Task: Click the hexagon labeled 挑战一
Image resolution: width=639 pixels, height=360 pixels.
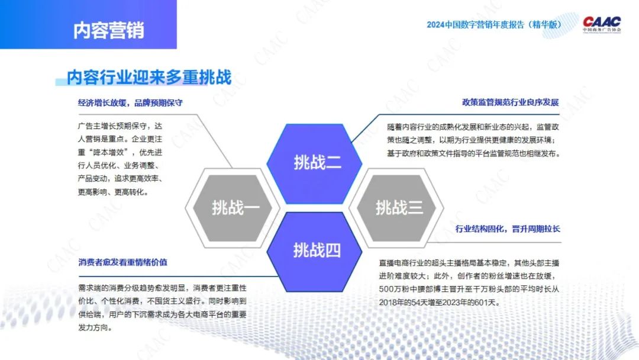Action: [x=233, y=208]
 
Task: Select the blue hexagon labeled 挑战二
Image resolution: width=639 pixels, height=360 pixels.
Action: [x=314, y=163]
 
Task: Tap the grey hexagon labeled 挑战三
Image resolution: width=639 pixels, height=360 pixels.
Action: [x=396, y=208]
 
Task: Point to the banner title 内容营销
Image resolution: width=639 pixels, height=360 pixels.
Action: [x=108, y=31]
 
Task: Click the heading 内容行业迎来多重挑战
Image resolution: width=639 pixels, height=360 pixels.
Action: [x=149, y=78]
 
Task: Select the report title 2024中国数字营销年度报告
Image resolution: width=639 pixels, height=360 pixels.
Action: [x=475, y=25]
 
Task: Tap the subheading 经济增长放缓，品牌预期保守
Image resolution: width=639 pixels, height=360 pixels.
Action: [x=130, y=103]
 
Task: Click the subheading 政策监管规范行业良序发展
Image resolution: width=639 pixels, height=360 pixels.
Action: [x=510, y=102]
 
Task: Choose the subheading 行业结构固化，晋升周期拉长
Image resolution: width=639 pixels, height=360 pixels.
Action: [x=508, y=229]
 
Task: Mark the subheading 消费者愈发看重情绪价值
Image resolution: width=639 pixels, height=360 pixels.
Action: [x=122, y=262]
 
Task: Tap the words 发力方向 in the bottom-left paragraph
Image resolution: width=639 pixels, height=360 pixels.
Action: [x=93, y=328]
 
